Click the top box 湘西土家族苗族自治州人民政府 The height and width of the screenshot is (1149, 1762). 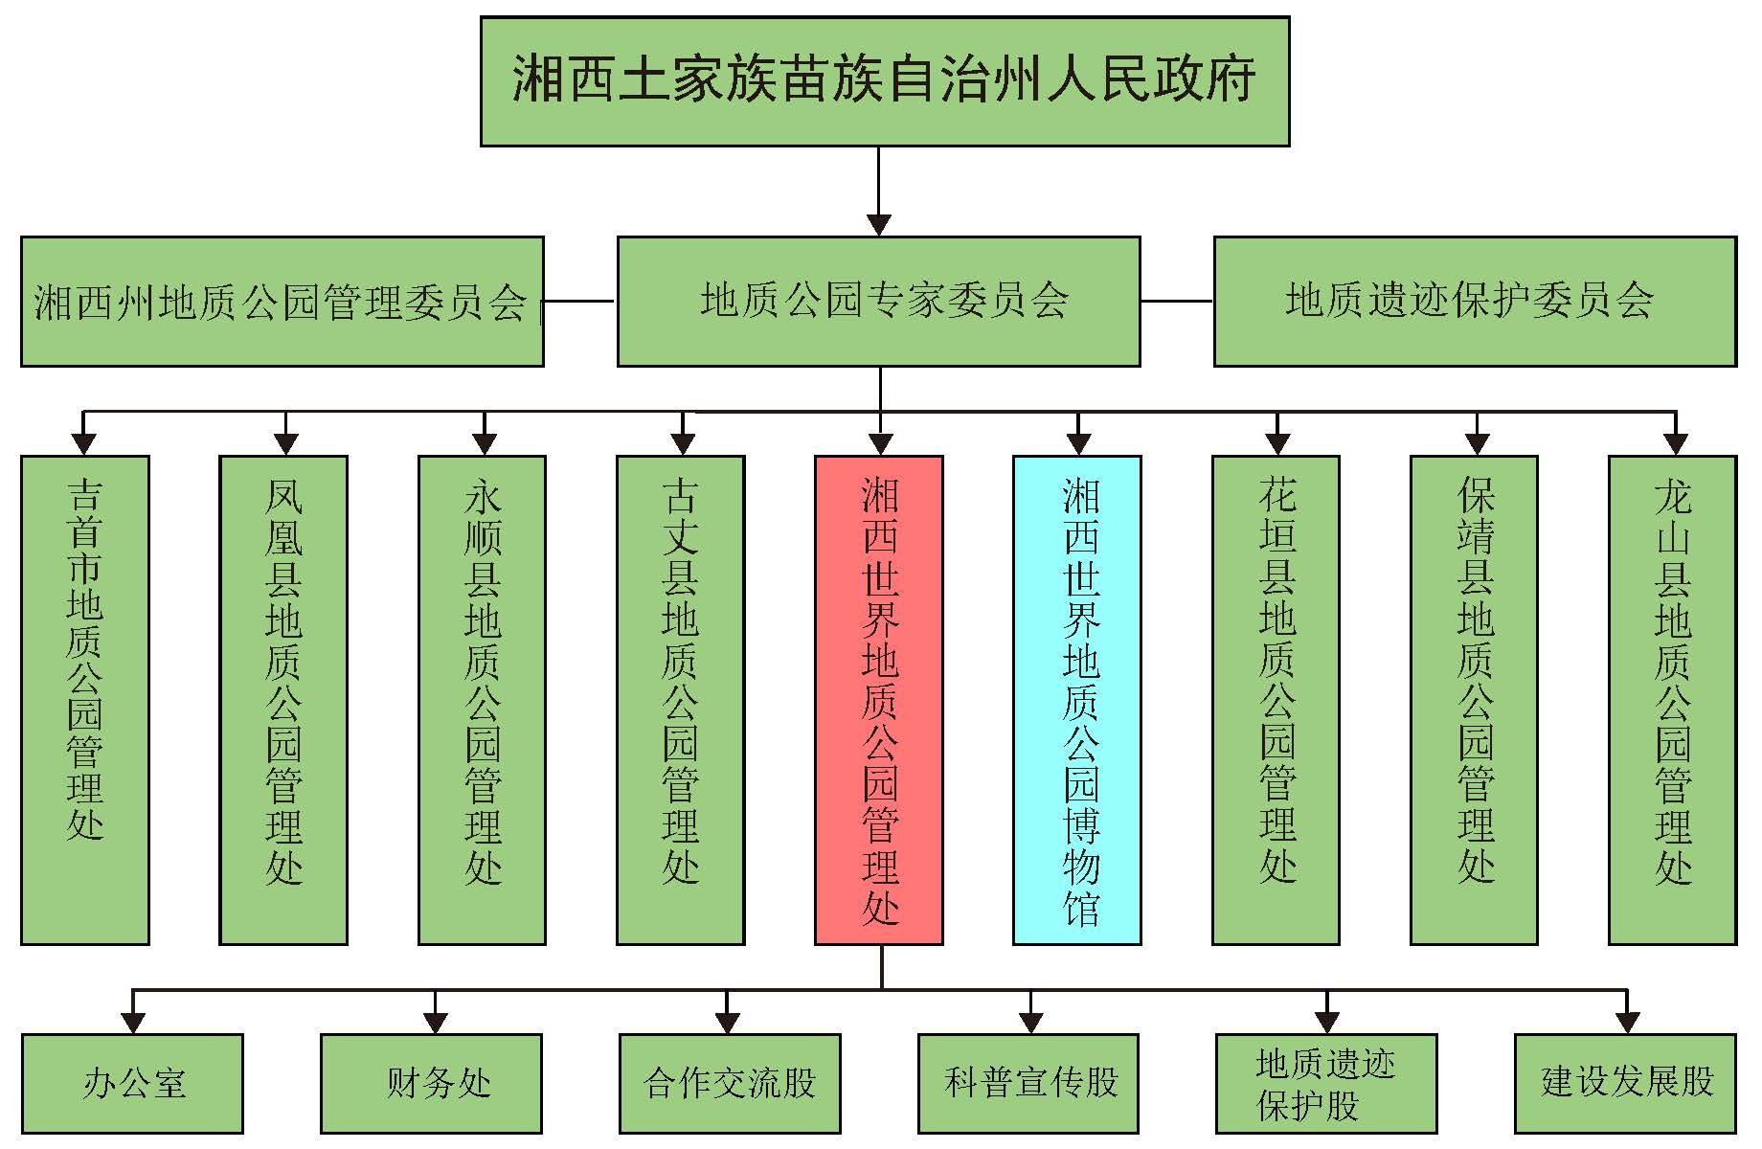[x=884, y=81]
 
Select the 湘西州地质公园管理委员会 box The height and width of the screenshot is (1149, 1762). [x=282, y=302]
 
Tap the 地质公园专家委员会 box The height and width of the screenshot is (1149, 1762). [x=878, y=302]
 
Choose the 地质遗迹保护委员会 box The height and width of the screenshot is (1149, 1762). [x=1475, y=302]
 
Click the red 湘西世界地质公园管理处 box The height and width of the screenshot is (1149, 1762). [x=879, y=700]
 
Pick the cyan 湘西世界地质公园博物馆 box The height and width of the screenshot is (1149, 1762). [x=1077, y=700]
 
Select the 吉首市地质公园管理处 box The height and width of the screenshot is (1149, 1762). [x=85, y=700]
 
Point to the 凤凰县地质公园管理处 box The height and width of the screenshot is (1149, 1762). [x=283, y=700]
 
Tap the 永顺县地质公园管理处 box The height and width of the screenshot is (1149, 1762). [x=482, y=700]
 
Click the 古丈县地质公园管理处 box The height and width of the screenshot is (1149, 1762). [x=680, y=700]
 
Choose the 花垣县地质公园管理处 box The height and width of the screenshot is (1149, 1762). [x=1276, y=700]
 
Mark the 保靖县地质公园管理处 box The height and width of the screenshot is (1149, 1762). [x=1474, y=700]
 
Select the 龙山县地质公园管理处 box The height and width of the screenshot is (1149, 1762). [x=1672, y=700]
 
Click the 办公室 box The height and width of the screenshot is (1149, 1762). [x=132, y=1083]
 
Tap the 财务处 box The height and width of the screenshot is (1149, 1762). [x=431, y=1083]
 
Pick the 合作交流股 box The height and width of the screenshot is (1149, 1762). [x=730, y=1083]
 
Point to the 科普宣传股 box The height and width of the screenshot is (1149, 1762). [x=1028, y=1083]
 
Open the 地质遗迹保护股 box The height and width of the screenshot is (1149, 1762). [x=1326, y=1083]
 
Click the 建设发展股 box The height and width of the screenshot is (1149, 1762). [x=1625, y=1083]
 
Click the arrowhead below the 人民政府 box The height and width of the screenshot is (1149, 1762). [x=878, y=225]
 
